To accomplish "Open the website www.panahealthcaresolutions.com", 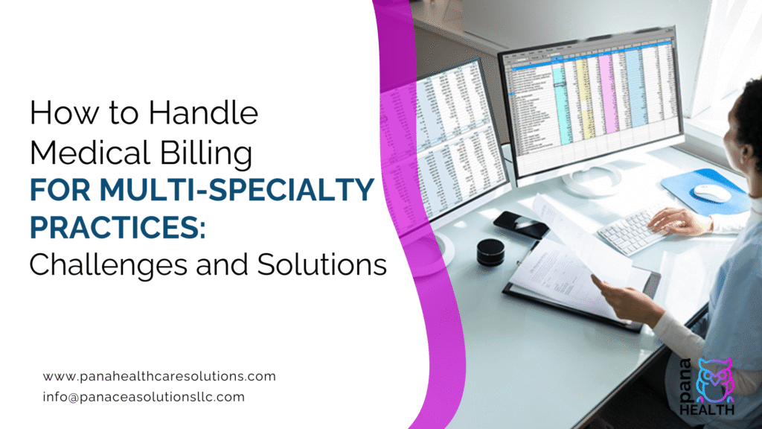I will point(159,376).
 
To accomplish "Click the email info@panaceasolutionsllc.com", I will point(144,397).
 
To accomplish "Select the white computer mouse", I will point(712,192).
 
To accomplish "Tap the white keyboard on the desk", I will point(633,227).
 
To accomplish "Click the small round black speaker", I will point(490,252).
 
